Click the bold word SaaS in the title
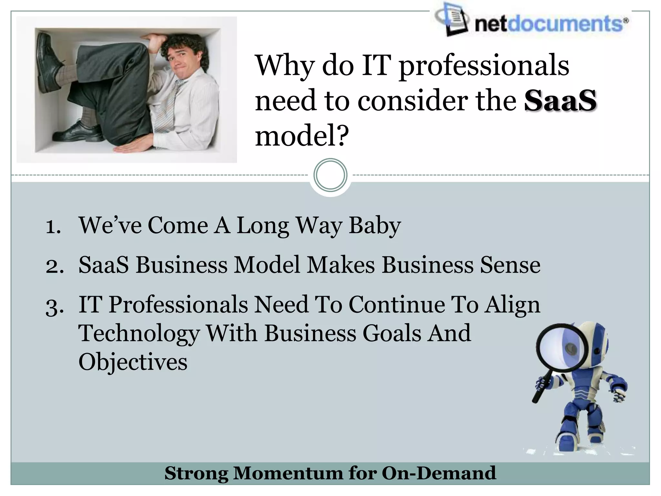click(x=560, y=101)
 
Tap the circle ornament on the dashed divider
click(x=330, y=175)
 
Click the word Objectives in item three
click(x=133, y=362)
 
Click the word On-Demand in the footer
click(x=439, y=473)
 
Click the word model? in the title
click(x=302, y=136)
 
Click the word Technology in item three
click(x=139, y=333)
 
